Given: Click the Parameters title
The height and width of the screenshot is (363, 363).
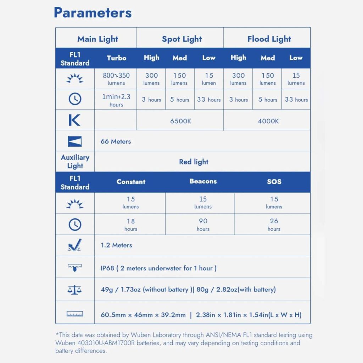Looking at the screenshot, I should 93,13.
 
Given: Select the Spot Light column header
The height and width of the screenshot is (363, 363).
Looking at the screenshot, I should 182,39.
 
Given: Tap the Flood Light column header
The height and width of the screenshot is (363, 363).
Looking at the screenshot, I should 269,39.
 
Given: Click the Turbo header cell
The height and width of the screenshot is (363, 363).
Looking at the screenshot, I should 116,58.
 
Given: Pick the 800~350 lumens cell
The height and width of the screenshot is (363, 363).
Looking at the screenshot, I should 116,78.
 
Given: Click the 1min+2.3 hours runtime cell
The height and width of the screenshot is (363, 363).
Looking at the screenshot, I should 116,100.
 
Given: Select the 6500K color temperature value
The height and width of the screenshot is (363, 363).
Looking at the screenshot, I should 180,121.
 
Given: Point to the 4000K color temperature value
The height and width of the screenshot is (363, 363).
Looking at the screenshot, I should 268,121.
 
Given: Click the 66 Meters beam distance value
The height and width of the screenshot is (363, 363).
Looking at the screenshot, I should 116,141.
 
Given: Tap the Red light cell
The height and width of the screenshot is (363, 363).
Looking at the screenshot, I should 194,162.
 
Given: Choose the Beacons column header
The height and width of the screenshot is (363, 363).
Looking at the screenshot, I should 203,181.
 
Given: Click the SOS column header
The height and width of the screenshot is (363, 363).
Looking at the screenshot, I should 274,181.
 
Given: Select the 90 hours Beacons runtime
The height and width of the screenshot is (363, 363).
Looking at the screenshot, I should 203,224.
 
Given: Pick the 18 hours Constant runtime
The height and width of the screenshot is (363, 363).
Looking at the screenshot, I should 130,224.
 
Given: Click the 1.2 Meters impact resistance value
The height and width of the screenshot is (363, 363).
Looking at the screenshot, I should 116,245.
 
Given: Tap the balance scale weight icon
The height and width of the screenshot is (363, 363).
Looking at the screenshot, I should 74,290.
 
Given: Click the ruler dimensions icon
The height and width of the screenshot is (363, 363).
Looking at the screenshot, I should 75,314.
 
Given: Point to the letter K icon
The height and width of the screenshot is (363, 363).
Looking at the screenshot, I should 74,121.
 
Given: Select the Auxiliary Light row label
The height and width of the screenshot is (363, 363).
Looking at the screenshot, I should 75,162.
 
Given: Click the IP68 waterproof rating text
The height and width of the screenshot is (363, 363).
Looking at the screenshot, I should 158,268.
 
